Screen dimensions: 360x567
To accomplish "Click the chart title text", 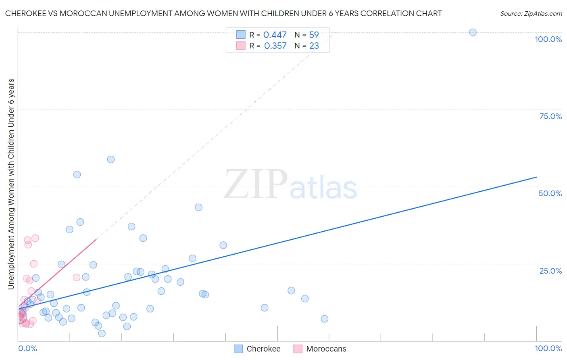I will coord(223,13).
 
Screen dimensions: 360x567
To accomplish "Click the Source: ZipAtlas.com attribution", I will coord(531,13).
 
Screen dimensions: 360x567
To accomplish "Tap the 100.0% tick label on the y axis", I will coord(548,39).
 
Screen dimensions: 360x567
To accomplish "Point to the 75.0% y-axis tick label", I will coord(550,116).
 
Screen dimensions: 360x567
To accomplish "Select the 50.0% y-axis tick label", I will coord(550,193).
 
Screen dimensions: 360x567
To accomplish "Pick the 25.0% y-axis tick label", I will coord(550,271).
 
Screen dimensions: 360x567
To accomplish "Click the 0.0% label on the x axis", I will coord(27,348).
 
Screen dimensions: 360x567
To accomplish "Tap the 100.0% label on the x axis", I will coord(548,348).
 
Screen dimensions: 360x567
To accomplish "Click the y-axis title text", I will coord(11,184).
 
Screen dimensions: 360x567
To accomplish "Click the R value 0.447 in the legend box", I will coord(275,35).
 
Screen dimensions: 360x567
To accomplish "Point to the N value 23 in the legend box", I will coord(314,46).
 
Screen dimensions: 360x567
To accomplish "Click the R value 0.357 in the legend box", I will coord(275,46).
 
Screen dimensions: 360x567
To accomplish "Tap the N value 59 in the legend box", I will coord(314,35).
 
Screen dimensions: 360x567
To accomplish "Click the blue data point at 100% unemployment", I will coord(473,32).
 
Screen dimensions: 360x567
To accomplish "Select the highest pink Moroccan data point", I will coord(35,238).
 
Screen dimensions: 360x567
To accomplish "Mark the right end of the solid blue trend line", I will coord(536,177).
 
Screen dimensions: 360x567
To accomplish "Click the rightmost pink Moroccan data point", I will coord(76,277).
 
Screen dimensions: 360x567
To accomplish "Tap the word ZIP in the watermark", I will coord(256,184).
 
